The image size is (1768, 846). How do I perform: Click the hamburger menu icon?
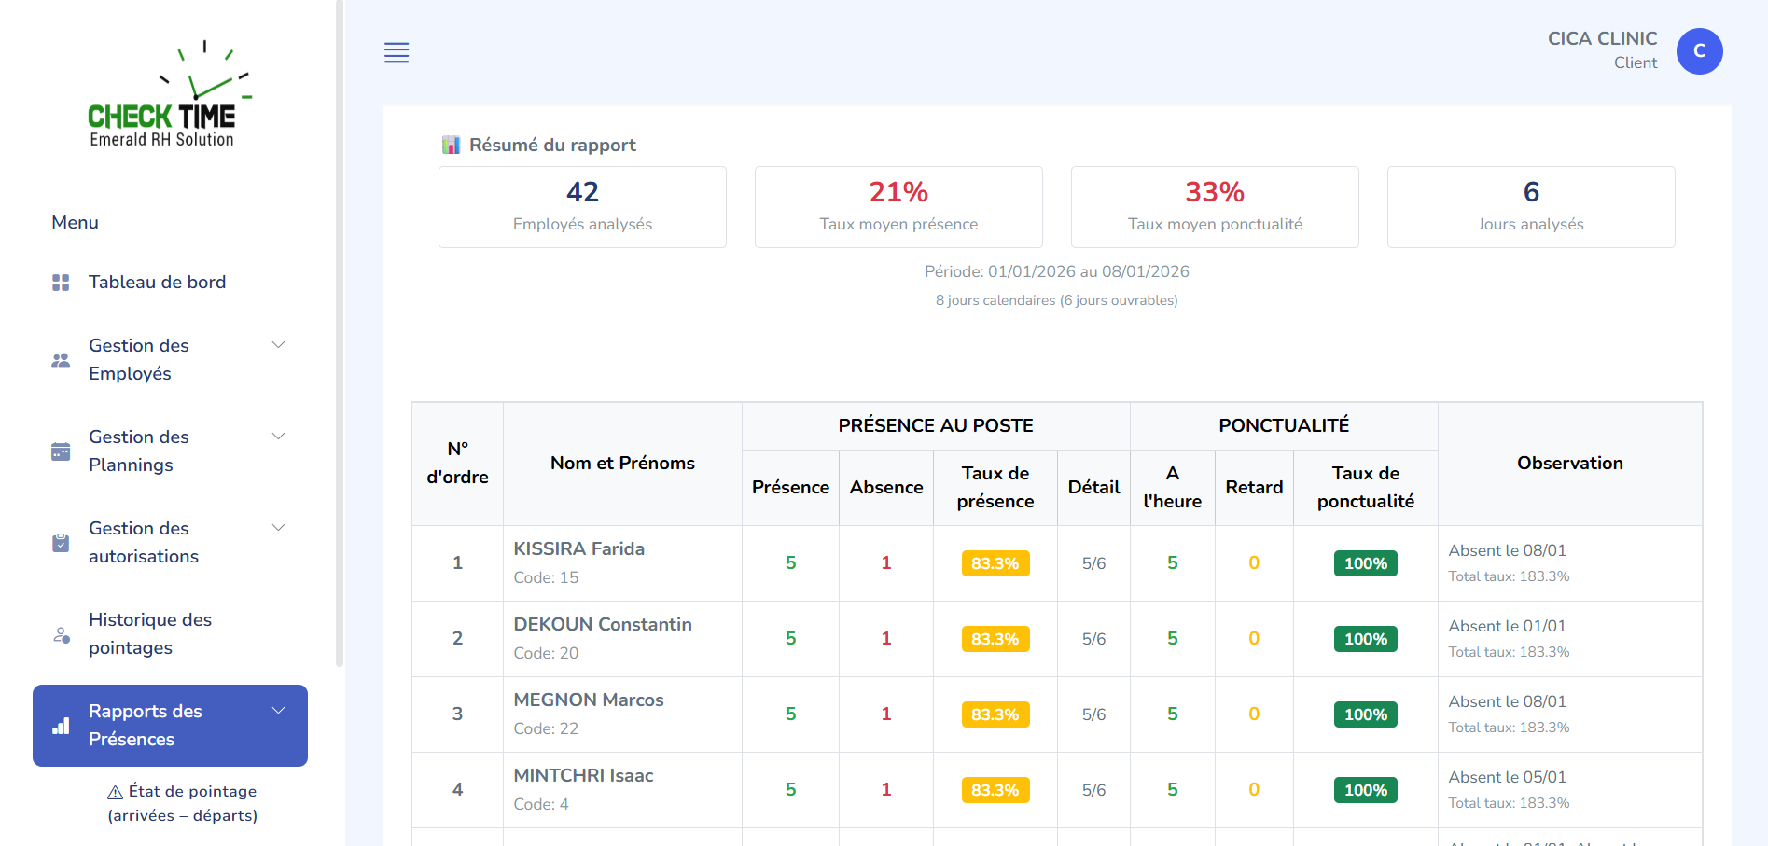tap(397, 53)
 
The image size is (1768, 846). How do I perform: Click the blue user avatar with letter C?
tap(1699, 51)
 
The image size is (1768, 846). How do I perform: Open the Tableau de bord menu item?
tap(157, 283)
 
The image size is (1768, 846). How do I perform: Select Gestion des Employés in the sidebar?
tap(139, 359)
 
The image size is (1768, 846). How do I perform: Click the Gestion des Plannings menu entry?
tap(139, 451)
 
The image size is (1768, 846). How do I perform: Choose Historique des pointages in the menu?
tap(149, 633)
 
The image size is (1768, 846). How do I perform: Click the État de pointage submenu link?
tap(183, 803)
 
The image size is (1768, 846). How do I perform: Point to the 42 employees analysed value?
tap(582, 192)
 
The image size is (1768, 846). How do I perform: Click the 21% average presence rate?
tap(898, 192)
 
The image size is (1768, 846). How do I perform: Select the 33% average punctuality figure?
tap(1215, 192)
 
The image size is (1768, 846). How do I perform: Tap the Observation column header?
tap(1569, 464)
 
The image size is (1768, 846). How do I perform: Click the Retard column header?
tap(1254, 488)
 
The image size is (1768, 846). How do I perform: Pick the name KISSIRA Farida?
tap(578, 549)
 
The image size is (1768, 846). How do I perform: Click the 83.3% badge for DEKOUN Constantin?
tap(995, 639)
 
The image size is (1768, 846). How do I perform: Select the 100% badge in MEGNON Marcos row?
tap(1365, 714)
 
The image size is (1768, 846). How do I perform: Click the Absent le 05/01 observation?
tap(1507, 777)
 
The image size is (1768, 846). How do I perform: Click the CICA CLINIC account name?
tap(1602, 38)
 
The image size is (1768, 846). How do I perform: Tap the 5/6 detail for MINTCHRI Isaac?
tap(1093, 790)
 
